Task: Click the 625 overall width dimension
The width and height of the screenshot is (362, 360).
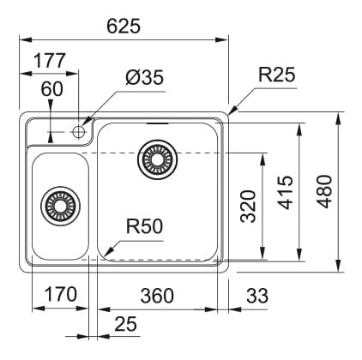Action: (124, 26)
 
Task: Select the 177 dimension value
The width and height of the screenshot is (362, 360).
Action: (50, 61)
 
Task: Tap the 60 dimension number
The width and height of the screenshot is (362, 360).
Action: (51, 89)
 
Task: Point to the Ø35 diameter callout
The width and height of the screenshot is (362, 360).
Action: (144, 77)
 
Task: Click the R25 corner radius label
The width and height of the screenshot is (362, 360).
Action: (276, 75)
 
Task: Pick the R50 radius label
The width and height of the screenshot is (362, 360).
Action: (144, 226)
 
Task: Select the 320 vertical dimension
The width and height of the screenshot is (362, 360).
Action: (248, 207)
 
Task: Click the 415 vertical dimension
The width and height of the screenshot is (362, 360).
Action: (286, 193)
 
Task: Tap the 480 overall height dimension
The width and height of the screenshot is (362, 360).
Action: (324, 191)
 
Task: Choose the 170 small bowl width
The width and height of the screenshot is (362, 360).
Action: (61, 295)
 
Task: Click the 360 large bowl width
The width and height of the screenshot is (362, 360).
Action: (157, 296)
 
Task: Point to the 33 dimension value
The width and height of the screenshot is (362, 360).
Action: (257, 296)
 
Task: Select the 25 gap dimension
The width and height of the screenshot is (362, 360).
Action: (126, 324)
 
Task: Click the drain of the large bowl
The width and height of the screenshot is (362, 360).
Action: (157, 159)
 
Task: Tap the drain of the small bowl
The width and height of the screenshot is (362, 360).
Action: (60, 206)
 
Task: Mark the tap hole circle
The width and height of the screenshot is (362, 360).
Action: (78, 132)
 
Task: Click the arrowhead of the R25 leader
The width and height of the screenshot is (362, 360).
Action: (233, 110)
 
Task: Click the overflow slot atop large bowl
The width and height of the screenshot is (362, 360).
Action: (157, 123)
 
